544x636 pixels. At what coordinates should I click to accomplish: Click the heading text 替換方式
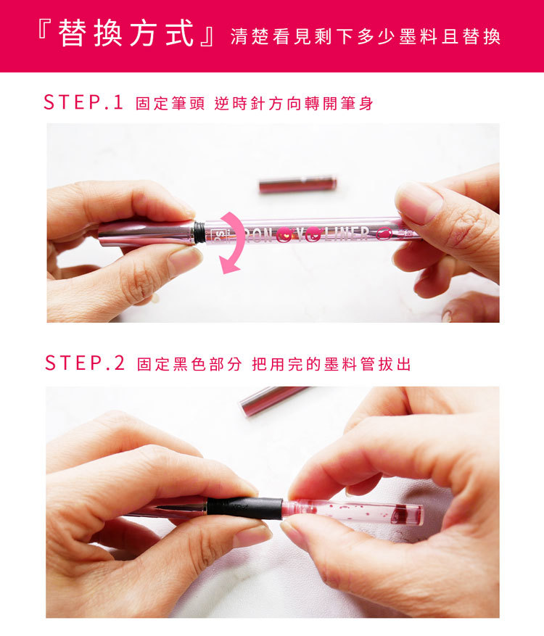pos(125,33)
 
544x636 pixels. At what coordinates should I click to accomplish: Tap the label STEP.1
pos(83,102)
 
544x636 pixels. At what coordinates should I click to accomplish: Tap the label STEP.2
pos(84,363)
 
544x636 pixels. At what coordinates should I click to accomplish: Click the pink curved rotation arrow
pos(234,241)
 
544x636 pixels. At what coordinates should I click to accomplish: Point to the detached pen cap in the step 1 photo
pos(298,184)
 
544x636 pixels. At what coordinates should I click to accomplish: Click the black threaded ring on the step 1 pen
pos(199,232)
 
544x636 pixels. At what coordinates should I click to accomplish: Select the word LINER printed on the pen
pos(347,234)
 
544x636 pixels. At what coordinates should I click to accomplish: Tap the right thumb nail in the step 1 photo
pos(418,201)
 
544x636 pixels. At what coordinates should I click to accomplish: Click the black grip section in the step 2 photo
pos(244,508)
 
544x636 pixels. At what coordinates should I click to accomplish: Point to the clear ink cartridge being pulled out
pos(353,513)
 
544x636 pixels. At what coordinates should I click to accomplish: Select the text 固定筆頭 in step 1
pos(170,104)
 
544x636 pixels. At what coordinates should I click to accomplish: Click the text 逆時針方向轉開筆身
pos(294,104)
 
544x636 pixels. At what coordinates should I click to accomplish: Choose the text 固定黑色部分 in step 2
pos(189,364)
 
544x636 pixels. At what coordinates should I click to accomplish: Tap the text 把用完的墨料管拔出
pos(331,364)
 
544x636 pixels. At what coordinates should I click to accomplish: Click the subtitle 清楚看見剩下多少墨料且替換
pos(366,37)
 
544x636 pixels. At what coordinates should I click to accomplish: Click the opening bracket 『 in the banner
pos(44,29)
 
